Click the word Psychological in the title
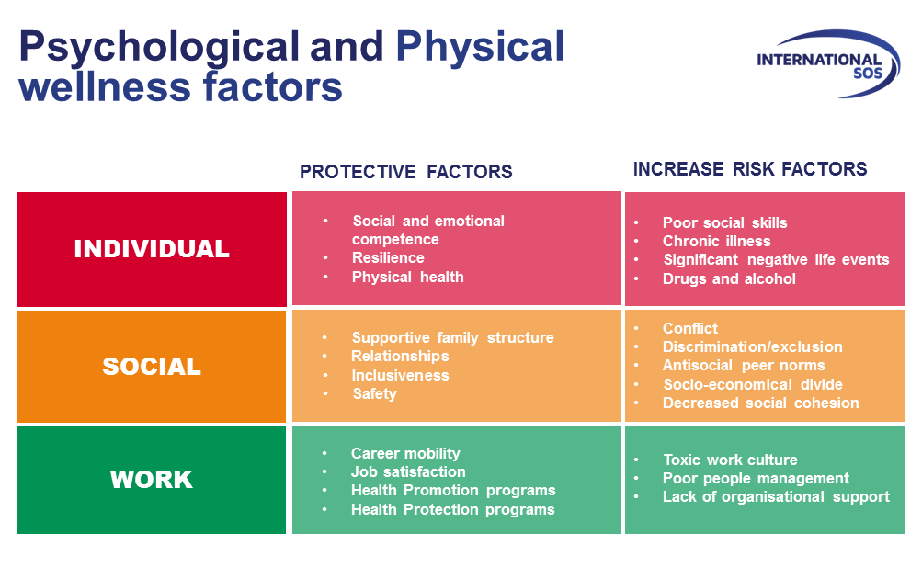[x=159, y=47]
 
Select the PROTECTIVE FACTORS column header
[x=405, y=172]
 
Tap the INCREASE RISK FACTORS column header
[x=749, y=169]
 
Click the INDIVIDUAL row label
[x=152, y=249]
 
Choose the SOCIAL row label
[x=152, y=367]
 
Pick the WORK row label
[x=152, y=480]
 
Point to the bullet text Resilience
[x=387, y=258]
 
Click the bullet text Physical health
[x=407, y=277]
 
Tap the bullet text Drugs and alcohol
[x=729, y=278]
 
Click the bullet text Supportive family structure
[x=452, y=337]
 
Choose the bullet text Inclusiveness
[x=400, y=375]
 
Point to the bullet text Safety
[x=374, y=393]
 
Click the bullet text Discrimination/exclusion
[x=752, y=346]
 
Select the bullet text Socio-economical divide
[x=752, y=384]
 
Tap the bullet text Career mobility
[x=405, y=453]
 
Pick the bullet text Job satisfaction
[x=408, y=471]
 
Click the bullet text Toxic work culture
[x=730, y=460]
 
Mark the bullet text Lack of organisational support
[x=776, y=496]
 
